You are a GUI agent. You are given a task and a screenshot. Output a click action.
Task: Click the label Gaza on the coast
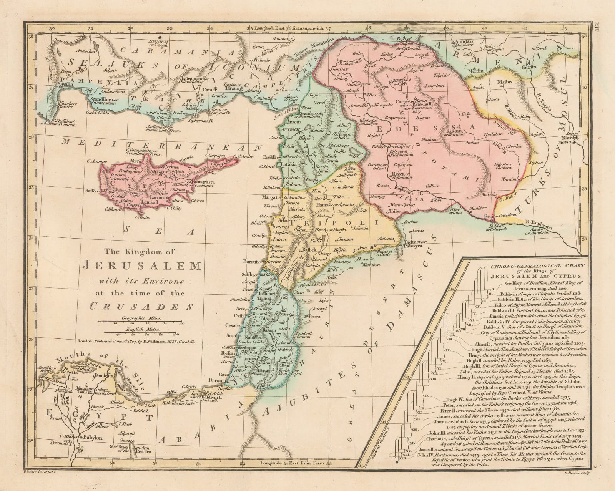[x=223, y=373]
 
